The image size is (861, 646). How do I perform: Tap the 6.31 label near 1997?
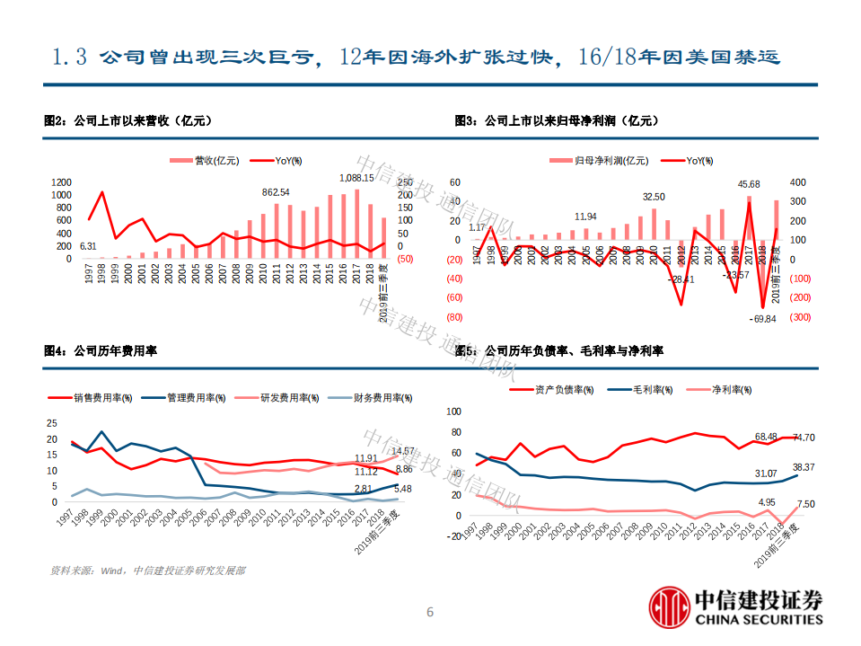(x=88, y=246)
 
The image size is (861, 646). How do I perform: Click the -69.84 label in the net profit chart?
(x=764, y=320)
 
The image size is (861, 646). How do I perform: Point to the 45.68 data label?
(x=749, y=183)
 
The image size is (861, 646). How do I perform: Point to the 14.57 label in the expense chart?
(x=403, y=451)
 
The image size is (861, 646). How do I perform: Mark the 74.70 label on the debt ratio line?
(x=804, y=438)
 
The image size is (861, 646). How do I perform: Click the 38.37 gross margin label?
(x=804, y=467)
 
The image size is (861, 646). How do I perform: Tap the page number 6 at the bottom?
(x=429, y=613)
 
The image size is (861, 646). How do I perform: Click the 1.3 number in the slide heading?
(x=69, y=58)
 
